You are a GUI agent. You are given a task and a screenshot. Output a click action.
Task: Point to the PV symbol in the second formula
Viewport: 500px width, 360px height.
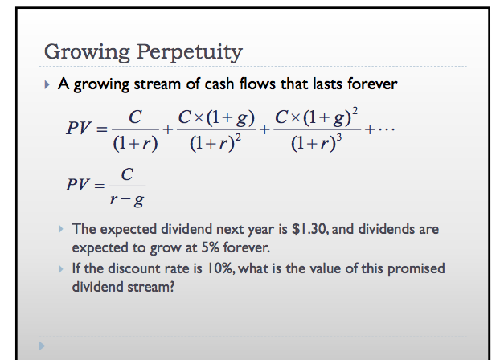click(79, 184)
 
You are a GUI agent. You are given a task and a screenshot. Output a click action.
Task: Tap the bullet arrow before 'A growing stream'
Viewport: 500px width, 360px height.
click(49, 84)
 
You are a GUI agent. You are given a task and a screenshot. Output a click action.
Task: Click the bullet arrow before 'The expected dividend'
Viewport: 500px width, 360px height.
click(62, 229)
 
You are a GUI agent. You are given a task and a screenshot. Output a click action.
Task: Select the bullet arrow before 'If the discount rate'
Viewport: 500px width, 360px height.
click(62, 268)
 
